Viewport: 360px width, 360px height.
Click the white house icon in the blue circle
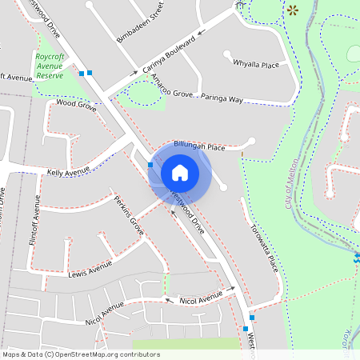[180, 172]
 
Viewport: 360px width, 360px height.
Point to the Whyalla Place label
[255, 63]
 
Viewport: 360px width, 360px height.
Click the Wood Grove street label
[76, 104]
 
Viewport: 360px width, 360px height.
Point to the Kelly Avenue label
[69, 172]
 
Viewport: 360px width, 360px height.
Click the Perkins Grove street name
[128, 216]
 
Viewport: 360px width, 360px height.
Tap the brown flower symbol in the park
[292, 10]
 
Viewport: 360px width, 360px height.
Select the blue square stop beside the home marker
[150, 165]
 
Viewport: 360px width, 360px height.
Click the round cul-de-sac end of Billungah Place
[252, 142]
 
